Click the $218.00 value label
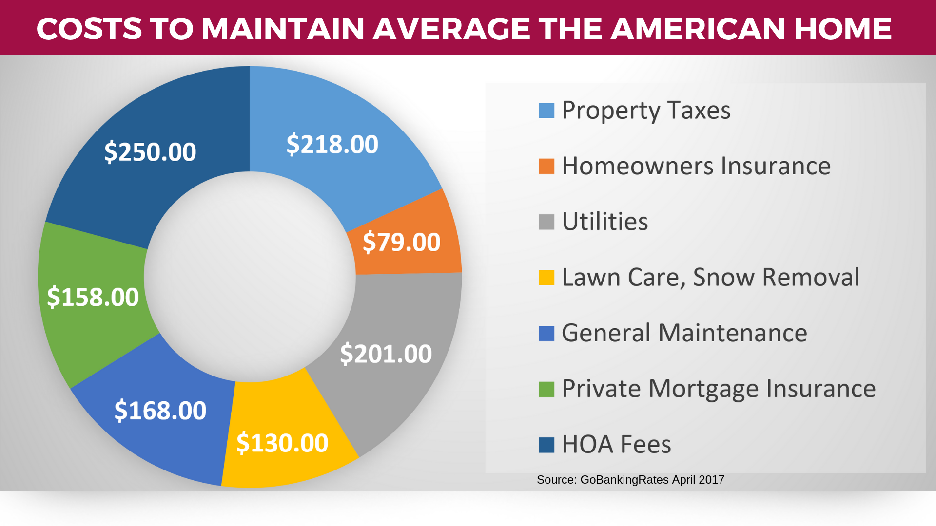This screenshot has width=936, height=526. point(332,145)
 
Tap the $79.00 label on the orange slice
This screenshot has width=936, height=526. point(401,243)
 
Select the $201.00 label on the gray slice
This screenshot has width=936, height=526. point(386,354)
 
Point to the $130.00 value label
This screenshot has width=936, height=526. point(282,443)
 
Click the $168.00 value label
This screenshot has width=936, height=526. point(160,411)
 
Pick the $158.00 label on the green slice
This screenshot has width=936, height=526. point(93,298)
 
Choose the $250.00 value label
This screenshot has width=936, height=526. point(150,152)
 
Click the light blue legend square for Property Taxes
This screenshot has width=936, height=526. point(546,111)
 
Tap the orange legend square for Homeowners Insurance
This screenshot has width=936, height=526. point(546,166)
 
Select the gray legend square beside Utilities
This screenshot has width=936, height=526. point(546,222)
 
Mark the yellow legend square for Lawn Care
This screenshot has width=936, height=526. point(546,278)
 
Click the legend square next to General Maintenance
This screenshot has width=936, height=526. point(546,333)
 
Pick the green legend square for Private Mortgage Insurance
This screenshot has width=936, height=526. point(546,389)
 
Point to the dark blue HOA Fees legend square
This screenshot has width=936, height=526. point(546,445)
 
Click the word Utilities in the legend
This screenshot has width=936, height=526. point(605,222)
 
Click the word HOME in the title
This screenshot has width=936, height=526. point(843,29)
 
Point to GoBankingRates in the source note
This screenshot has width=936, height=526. point(624,480)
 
